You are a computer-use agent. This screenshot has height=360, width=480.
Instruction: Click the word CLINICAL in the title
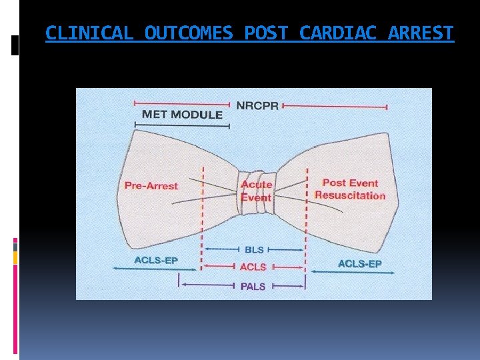(89, 33)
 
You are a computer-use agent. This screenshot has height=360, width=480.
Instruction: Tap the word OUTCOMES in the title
(189, 33)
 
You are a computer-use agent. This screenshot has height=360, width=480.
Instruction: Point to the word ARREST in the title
(421, 33)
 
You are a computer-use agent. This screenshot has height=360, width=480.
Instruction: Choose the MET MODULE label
(182, 115)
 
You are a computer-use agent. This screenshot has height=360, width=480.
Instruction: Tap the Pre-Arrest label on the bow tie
(151, 185)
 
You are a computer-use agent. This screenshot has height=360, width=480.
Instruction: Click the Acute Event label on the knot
(257, 191)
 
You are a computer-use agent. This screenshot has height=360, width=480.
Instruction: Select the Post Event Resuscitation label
(350, 189)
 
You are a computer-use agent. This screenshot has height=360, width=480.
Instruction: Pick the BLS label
(255, 250)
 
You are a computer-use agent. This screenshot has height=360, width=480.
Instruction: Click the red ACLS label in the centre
(253, 267)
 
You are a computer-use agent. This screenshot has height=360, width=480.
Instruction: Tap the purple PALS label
(253, 287)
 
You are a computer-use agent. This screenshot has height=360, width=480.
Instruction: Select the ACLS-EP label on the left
(156, 260)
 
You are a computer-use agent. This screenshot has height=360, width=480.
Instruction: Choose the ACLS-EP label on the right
(360, 264)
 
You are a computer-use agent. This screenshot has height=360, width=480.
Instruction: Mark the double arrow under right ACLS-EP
(361, 273)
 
